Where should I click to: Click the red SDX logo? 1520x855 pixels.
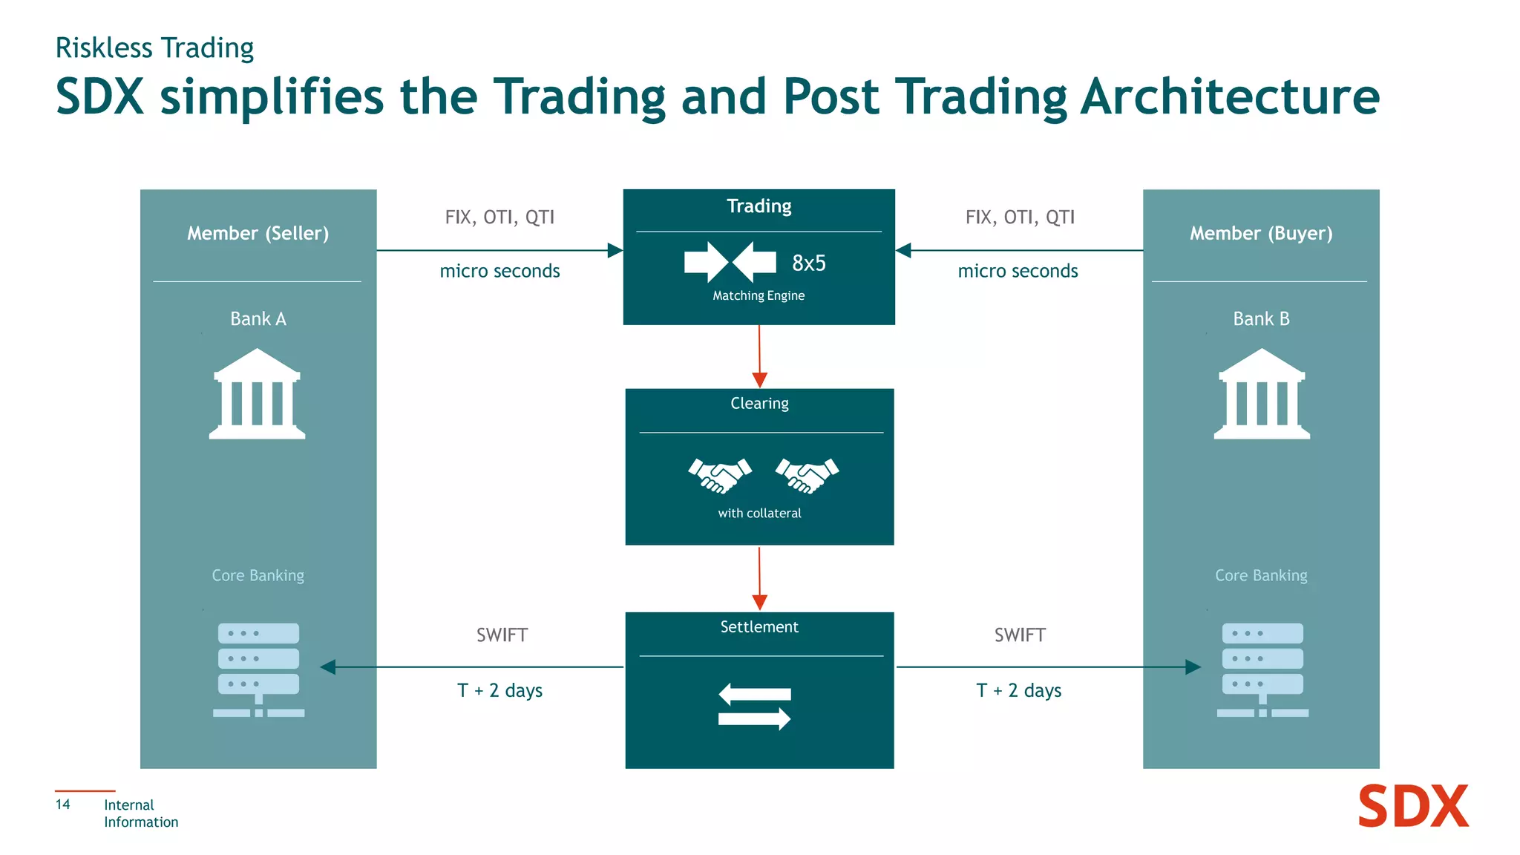point(1412,807)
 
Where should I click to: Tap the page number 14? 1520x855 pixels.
point(63,805)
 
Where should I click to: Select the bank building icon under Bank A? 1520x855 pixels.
point(257,394)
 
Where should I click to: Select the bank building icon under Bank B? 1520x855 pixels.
point(1262,394)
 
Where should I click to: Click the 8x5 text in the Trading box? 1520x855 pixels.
point(808,263)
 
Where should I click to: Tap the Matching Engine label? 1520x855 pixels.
point(759,295)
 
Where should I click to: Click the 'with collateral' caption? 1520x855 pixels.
point(759,513)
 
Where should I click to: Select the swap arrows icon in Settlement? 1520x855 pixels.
point(755,706)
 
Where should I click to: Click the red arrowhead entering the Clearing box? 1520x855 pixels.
point(759,380)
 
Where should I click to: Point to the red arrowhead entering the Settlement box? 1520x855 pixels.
point(759,602)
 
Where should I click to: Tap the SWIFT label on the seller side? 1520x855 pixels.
point(502,635)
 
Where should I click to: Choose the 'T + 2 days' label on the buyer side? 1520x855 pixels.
point(1018,690)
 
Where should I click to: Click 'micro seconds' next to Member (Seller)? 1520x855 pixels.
point(499,271)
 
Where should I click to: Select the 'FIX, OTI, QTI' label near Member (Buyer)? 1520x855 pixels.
point(1020,217)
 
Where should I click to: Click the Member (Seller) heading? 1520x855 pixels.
point(258,233)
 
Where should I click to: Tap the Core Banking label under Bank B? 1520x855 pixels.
point(1261,575)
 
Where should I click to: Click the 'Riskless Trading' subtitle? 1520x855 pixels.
point(154,48)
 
